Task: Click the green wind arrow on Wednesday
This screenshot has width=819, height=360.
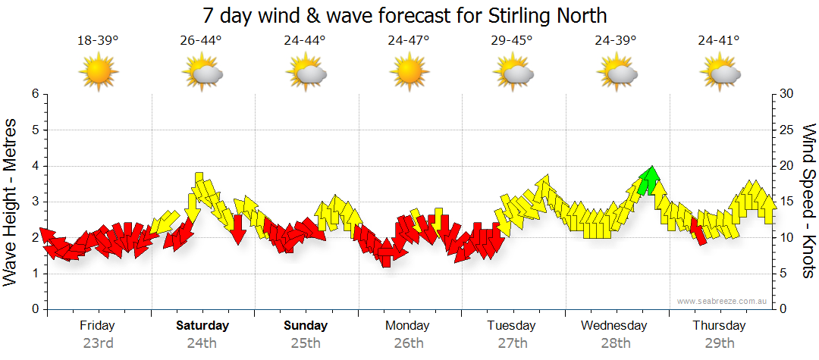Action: [x=648, y=180]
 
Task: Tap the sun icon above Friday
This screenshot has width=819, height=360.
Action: [x=99, y=74]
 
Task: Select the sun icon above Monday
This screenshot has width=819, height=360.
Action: [x=409, y=74]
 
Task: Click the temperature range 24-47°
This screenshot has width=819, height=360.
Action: [x=409, y=40]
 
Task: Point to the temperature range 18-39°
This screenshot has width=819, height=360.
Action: [x=99, y=40]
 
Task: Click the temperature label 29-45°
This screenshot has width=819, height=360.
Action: [x=513, y=40]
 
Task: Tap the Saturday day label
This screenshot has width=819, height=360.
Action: [x=202, y=326]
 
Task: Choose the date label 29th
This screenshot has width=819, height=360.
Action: [x=719, y=343]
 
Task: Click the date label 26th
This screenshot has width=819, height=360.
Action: [x=409, y=343]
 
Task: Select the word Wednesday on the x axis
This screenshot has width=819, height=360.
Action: [x=614, y=326]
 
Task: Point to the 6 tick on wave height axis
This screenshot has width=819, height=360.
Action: [x=35, y=94]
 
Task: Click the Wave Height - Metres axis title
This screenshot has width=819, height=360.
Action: [x=11, y=202]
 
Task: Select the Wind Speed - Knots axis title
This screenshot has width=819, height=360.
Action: [x=808, y=202]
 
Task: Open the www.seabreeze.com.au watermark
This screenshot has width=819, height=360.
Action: [x=723, y=302]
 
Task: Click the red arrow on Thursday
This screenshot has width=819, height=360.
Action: [x=698, y=230]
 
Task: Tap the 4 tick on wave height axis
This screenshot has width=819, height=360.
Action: [x=35, y=166]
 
